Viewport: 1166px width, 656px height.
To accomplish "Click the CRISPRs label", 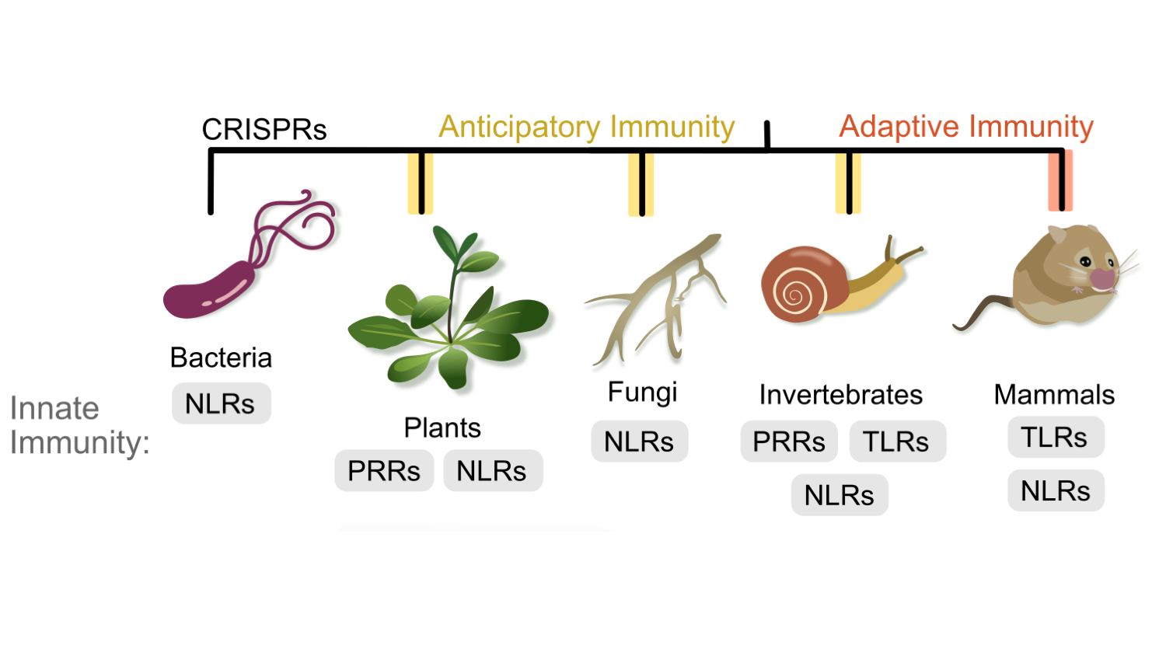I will [264, 129].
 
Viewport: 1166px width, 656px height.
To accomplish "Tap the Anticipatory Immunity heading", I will [586, 127].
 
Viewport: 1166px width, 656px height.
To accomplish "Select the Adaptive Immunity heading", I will [966, 126].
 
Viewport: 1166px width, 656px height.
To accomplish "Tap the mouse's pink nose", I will [1101, 278].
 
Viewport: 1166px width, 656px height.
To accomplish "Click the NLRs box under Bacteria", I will [221, 403].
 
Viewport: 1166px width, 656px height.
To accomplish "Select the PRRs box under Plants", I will [384, 470].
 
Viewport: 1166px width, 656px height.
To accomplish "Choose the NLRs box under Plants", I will [492, 470].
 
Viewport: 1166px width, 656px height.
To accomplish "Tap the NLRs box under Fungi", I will [639, 441].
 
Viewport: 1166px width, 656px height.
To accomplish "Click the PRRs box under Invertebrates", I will [789, 441].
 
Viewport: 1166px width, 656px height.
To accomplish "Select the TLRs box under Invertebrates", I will [897, 441].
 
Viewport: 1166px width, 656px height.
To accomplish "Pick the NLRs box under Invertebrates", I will [840, 494].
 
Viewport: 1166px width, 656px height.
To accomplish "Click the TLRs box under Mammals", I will [1055, 437].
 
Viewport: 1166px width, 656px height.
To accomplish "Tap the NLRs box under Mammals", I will [1055, 490].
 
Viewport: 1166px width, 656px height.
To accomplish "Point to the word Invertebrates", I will [841, 394].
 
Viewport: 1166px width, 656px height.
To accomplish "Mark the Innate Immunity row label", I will [78, 425].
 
